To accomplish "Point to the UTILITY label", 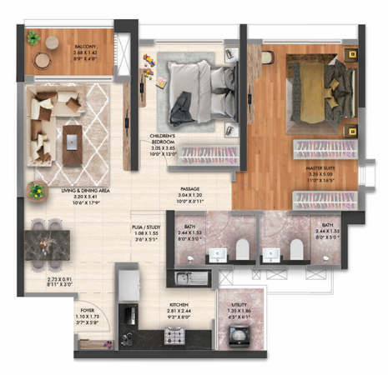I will [x=239, y=307].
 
